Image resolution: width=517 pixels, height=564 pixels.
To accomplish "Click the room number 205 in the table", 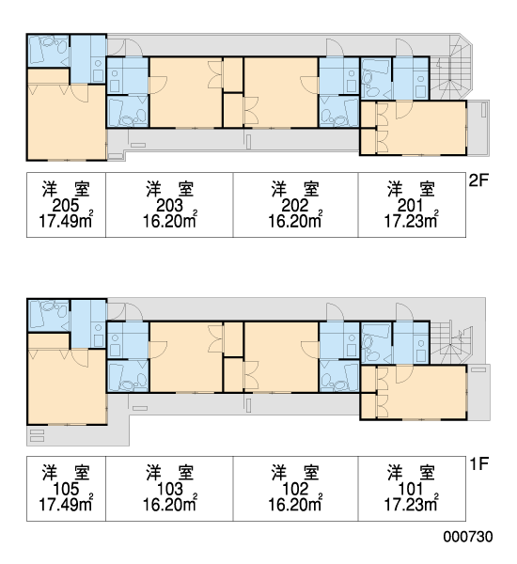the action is [66, 206].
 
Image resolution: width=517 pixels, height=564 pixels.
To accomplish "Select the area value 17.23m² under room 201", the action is [411, 221].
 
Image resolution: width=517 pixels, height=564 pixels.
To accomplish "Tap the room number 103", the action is [170, 489].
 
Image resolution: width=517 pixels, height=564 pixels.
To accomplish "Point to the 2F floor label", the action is [478, 180].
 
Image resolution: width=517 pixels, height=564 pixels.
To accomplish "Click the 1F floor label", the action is [478, 463].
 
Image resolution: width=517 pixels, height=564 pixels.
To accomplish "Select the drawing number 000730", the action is [468, 537].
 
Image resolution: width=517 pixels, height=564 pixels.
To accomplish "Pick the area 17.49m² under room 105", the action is [66, 504].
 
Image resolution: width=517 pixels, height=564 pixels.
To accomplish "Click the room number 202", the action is [295, 206].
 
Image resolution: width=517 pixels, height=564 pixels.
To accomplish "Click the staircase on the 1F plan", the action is [451, 343].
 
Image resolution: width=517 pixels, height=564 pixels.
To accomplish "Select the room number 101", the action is [411, 489].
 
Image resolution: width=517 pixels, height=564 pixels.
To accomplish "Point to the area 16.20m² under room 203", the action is [170, 221].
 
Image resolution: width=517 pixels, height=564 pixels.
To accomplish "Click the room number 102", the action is [295, 489].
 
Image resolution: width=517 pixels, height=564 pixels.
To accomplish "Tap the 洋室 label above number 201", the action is [411, 190].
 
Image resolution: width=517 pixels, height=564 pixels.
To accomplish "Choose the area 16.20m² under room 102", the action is [295, 504].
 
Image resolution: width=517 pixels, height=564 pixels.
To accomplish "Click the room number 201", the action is [411, 206].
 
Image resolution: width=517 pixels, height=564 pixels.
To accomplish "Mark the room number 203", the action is [170, 206].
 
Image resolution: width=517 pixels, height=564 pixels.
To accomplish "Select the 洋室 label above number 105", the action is [66, 473].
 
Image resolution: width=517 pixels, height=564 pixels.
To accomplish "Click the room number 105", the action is [66, 489].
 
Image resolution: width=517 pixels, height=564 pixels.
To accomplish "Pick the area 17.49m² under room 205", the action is [66, 221].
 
